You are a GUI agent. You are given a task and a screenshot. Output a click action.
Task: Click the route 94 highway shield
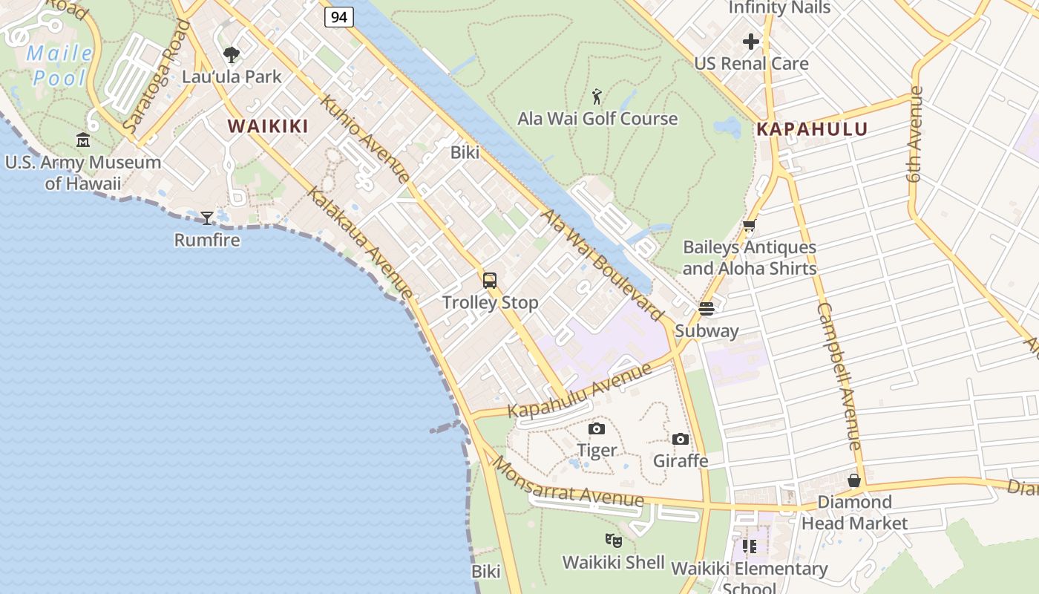point(338,16)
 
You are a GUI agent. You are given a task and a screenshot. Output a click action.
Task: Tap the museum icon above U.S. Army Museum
point(83,140)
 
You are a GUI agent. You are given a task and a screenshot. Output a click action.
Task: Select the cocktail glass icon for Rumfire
point(207,218)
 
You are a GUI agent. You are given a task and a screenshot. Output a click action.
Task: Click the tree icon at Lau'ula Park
point(232,54)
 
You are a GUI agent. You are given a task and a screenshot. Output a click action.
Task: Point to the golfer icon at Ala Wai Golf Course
point(597,97)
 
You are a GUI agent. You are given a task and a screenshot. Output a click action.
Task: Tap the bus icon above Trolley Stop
point(490,280)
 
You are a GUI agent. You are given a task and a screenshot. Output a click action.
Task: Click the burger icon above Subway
point(707,308)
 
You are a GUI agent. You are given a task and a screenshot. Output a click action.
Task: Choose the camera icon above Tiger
point(597,428)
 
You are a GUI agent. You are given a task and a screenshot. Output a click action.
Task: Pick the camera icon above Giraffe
point(681,439)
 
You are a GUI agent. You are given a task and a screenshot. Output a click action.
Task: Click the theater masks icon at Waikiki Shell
point(613,540)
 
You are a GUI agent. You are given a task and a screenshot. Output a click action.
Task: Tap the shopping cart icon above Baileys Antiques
point(750,226)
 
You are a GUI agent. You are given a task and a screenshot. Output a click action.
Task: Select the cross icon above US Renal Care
point(751,42)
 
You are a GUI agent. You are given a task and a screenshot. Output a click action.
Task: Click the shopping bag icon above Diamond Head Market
point(854,480)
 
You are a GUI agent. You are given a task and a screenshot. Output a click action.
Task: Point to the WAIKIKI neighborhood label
point(268,126)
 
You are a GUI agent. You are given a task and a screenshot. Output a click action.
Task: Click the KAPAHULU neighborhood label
point(812,129)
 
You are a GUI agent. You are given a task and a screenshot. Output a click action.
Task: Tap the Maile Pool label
point(59,65)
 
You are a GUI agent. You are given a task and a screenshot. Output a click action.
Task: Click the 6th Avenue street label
point(914,134)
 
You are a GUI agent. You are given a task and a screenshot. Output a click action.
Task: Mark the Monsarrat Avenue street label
point(568,482)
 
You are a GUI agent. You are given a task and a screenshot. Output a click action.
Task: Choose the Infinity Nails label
point(779,8)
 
